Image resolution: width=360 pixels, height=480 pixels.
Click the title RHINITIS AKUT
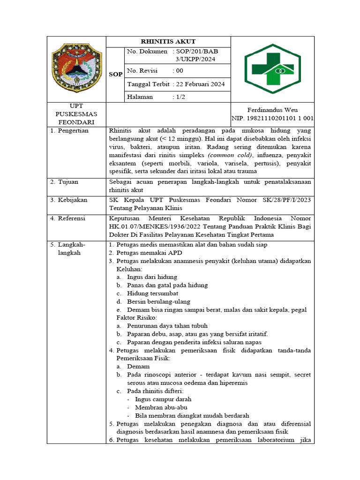168,42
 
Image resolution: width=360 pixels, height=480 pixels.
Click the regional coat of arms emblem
76,69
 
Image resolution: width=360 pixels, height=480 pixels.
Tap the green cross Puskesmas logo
272,69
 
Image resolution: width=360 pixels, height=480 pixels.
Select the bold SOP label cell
115,75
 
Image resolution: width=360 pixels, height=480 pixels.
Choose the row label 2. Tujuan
65,181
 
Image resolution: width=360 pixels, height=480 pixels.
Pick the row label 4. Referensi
68,218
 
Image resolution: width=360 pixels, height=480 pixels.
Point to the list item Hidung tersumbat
152,293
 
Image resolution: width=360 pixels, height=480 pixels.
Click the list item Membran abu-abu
161,407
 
